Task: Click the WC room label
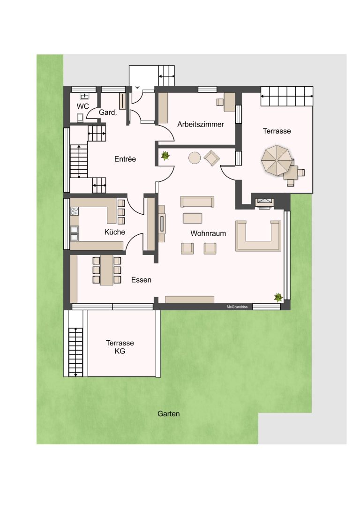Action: [x=83, y=106]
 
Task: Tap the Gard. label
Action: [x=108, y=112]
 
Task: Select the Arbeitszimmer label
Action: [x=201, y=124]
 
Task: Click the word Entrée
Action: [x=125, y=159]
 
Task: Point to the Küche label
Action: [x=114, y=232]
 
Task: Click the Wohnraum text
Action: [x=208, y=233]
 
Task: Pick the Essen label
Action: [x=141, y=280]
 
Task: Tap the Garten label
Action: [x=168, y=414]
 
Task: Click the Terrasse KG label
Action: [x=120, y=347]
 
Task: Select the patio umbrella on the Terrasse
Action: [x=276, y=160]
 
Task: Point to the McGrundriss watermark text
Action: [x=237, y=307]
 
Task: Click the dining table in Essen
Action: [x=107, y=270]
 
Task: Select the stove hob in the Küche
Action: [x=75, y=211]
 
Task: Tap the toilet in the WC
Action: [x=80, y=118]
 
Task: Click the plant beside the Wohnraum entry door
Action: [x=165, y=156]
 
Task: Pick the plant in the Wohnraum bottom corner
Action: [x=278, y=297]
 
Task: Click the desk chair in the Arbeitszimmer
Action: [x=220, y=102]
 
